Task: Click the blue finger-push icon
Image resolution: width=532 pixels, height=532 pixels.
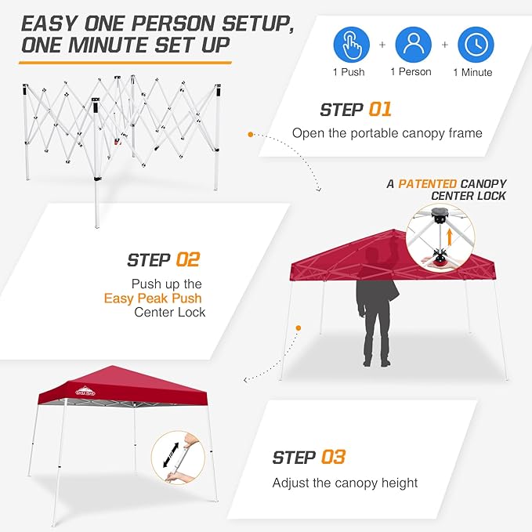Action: [352, 45]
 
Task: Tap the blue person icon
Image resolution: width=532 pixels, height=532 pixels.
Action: [413, 45]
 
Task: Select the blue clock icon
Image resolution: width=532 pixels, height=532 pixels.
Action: [475, 45]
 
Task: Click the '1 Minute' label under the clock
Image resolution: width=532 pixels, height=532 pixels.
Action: [472, 72]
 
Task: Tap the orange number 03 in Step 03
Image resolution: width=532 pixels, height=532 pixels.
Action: [333, 456]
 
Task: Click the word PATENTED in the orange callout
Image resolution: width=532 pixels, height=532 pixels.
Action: [428, 183]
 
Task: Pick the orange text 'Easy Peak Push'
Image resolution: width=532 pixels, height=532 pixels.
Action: [153, 299]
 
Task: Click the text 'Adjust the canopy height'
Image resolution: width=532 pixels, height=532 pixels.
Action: [345, 483]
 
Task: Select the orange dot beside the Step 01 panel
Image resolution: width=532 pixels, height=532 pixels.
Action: [251, 135]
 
